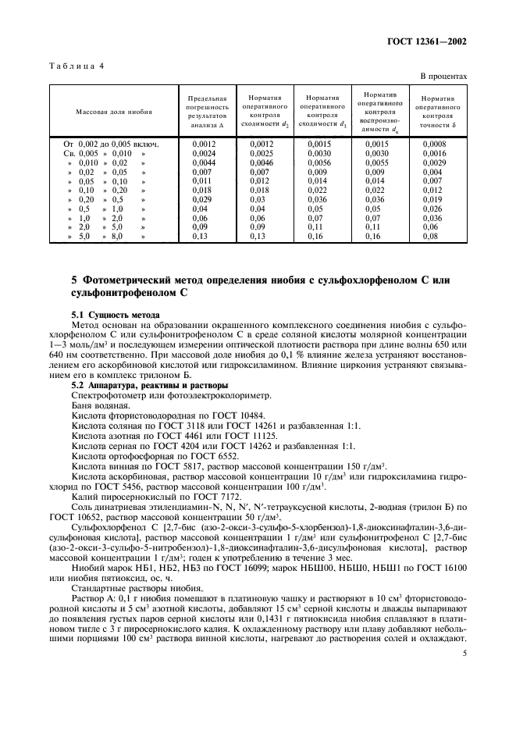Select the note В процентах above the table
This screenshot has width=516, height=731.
coord(443,77)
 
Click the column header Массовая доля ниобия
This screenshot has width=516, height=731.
coord(114,112)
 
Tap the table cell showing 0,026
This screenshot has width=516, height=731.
coord(433,209)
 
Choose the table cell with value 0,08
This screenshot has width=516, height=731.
coord(430,237)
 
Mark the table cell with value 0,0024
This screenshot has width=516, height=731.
coord(203,154)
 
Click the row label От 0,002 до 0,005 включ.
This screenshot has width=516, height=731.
coord(112,144)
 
